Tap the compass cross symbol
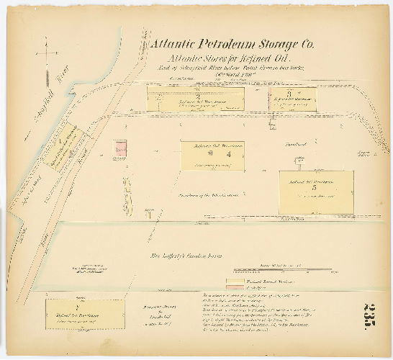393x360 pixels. (45, 57)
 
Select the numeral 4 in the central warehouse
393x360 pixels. (229, 153)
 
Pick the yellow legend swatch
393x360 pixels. (238, 281)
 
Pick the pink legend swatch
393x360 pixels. (238, 287)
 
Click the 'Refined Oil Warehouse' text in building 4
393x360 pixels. (212, 146)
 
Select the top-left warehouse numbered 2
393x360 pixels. (195, 99)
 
